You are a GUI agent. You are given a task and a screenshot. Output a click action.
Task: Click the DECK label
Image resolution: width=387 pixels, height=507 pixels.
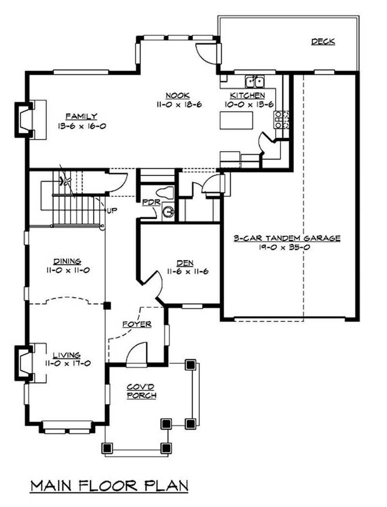click(x=323, y=42)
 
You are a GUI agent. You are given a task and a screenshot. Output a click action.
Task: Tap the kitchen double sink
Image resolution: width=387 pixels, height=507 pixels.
click(x=255, y=82)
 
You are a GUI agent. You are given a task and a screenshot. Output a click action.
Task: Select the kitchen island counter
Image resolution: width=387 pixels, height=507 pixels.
click(x=236, y=120)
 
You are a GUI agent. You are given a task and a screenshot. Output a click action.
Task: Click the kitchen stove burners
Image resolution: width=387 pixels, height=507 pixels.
click(x=281, y=120)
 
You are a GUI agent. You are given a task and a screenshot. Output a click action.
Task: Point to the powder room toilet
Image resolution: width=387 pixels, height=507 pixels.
click(x=165, y=192)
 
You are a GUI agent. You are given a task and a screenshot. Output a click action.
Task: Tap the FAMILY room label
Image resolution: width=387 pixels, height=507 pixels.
click(x=81, y=116)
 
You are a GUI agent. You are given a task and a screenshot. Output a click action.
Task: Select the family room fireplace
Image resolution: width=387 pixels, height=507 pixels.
click(x=24, y=120)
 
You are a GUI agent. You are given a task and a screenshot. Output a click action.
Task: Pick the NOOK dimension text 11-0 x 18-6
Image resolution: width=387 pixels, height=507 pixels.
click(x=179, y=104)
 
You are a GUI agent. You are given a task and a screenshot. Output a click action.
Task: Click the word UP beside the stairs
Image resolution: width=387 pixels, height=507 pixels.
click(x=112, y=211)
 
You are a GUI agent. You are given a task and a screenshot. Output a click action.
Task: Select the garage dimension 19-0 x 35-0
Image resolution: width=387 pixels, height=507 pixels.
click(x=284, y=247)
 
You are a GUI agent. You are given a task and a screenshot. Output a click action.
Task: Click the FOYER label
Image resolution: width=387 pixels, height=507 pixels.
click(x=137, y=324)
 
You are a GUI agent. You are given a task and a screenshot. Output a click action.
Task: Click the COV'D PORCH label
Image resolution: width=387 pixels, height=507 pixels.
click(x=142, y=391)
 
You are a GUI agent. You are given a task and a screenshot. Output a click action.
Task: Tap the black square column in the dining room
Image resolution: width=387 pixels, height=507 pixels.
click(x=107, y=306)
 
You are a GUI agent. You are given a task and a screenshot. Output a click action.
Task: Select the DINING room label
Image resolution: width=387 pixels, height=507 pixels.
click(x=67, y=261)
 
